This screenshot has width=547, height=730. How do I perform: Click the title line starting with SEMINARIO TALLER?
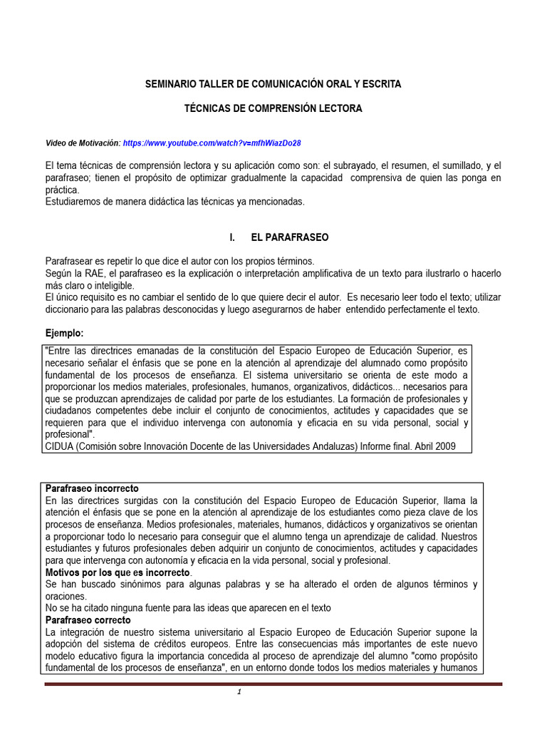(273, 84)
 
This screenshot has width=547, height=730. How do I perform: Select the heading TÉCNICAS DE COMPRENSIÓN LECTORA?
(273, 108)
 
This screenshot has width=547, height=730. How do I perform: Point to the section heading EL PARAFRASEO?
(290, 237)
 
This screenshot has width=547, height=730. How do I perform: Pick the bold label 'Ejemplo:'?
(64, 333)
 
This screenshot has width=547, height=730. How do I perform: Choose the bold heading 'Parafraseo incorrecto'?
(92, 489)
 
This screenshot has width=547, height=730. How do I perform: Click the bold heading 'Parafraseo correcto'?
(87, 620)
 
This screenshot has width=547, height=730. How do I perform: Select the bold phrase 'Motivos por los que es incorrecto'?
(118, 572)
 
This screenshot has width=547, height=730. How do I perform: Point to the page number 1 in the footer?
(241, 693)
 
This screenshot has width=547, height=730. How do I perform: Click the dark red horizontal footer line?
(273, 684)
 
